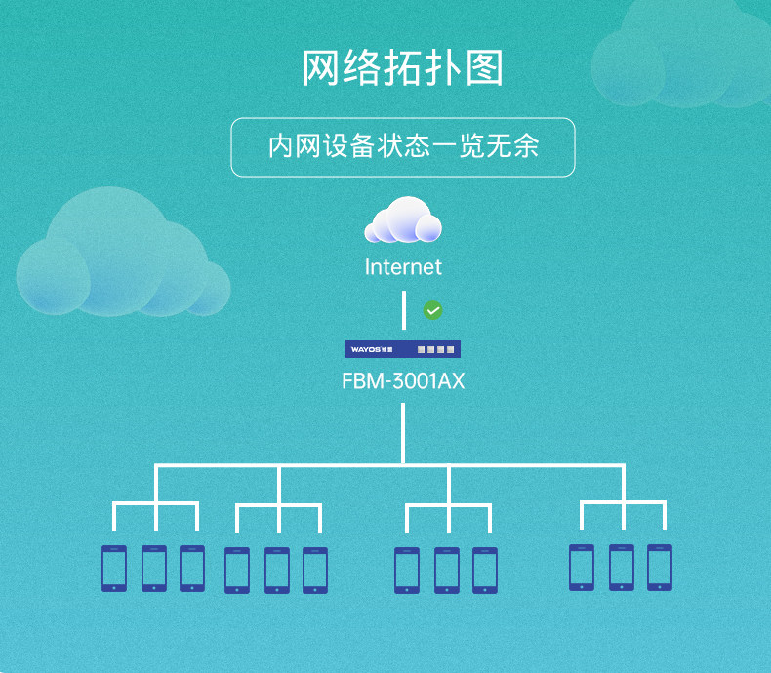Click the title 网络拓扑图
pyautogui.click(x=402, y=69)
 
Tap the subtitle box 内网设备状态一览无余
pyautogui.click(x=402, y=147)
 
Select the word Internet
pyautogui.click(x=402, y=267)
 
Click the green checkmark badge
pyautogui.click(x=432, y=310)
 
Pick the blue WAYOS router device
pyautogui.click(x=402, y=349)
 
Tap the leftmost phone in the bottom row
pyautogui.click(x=114, y=568)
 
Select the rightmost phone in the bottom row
pyautogui.click(x=660, y=567)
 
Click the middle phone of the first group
pyautogui.click(x=153, y=568)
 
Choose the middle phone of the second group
pyautogui.click(x=277, y=570)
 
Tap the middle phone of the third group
pyautogui.click(x=447, y=570)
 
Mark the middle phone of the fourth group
pyautogui.click(x=622, y=567)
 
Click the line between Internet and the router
pyautogui.click(x=403, y=310)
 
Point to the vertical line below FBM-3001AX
pyautogui.click(x=402, y=431)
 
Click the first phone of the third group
pyautogui.click(x=407, y=570)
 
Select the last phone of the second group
pyautogui.click(x=315, y=570)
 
